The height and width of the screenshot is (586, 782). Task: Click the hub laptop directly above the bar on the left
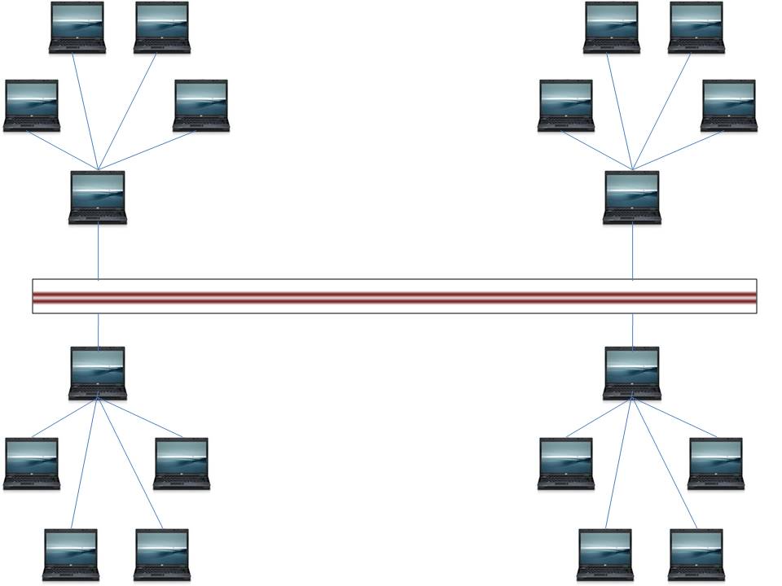click(x=98, y=197)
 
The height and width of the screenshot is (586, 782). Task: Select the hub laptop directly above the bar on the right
click(x=632, y=197)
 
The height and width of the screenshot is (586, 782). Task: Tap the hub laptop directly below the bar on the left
click(x=98, y=373)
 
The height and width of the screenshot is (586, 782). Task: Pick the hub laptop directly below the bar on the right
click(x=632, y=373)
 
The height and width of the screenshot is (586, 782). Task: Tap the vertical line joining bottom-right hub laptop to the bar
click(x=633, y=330)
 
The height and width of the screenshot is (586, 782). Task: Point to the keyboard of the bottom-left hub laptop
click(x=98, y=391)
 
